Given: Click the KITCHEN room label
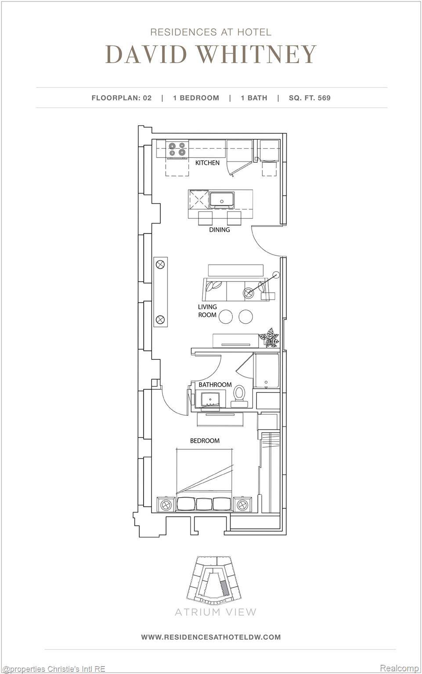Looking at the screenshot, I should tap(207, 163).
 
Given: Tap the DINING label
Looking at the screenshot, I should tap(219, 229).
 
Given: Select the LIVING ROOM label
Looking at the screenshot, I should tap(207, 311).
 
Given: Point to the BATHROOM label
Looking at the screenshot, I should tap(215, 384).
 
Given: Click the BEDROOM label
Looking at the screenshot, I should tap(205, 441).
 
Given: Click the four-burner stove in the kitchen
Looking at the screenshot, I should tap(177, 150).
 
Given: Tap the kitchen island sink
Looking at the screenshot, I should tap(222, 200).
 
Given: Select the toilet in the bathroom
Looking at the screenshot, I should tap(239, 393).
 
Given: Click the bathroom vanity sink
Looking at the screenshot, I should tap(210, 400).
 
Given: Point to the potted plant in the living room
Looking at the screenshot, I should tap(269, 337).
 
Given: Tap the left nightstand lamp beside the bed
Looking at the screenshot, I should tap(166, 505).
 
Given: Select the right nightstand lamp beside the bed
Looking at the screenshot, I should tap(242, 505).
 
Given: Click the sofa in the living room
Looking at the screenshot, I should tap(234, 289).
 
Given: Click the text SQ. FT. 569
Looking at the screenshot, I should tap(310, 98).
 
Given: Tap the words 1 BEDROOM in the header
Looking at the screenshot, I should tap(196, 98).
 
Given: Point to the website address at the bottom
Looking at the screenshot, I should tap(211, 637).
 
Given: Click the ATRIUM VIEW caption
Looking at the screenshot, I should tap(215, 612).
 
